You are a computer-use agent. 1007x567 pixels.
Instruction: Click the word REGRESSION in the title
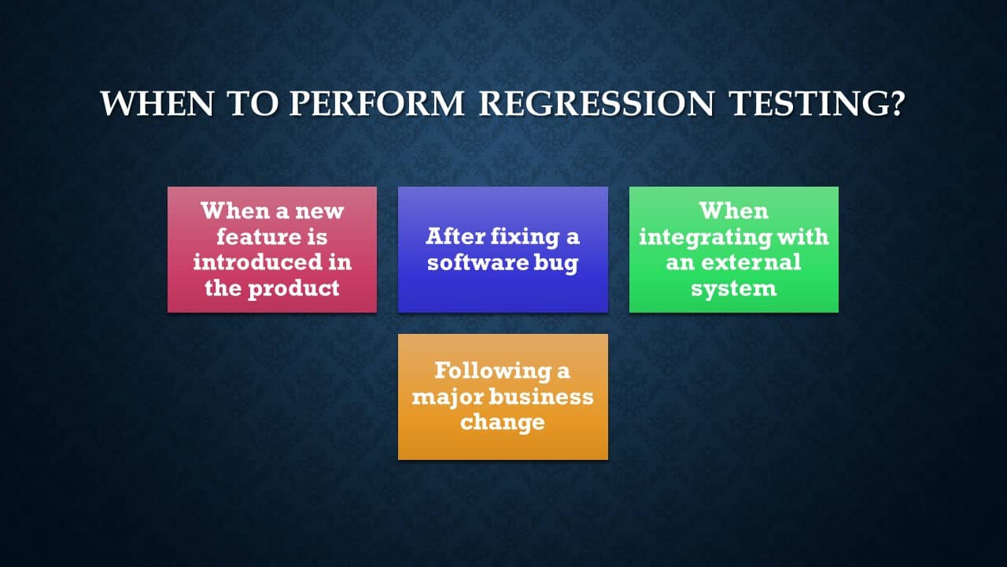tap(596, 104)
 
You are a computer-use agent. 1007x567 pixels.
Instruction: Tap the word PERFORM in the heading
tap(377, 104)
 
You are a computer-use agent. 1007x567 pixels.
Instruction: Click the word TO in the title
tap(253, 104)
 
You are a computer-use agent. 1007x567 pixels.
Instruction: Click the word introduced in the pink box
tap(257, 262)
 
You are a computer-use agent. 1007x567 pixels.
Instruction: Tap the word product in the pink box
tap(293, 288)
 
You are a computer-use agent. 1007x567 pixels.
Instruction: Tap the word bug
tap(556, 263)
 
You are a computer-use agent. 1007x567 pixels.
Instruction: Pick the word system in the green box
tap(734, 289)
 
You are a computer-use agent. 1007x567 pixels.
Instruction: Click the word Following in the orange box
tap(493, 371)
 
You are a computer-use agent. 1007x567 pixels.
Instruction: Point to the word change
tap(503, 423)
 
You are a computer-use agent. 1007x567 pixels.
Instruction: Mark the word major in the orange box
tap(448, 398)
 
